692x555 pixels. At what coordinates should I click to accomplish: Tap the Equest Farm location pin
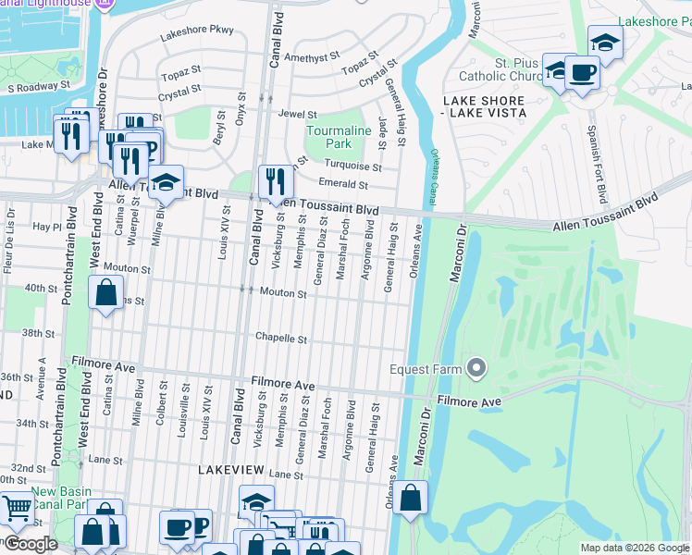pyautogui.click(x=476, y=369)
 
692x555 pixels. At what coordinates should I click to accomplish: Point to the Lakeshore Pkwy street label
pyautogui.click(x=197, y=31)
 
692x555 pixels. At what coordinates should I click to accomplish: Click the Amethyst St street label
pyautogui.click(x=315, y=56)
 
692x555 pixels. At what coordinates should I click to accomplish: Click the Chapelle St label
pyautogui.click(x=281, y=339)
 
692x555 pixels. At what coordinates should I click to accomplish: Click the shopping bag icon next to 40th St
pyautogui.click(x=106, y=293)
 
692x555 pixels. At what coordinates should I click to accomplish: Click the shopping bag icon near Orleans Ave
pyautogui.click(x=411, y=498)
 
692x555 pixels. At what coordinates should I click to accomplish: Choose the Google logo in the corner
pyautogui.click(x=31, y=544)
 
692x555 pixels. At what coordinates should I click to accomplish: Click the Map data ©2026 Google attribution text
pyautogui.click(x=634, y=548)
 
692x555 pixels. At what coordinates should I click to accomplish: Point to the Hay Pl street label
pyautogui.click(x=45, y=226)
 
